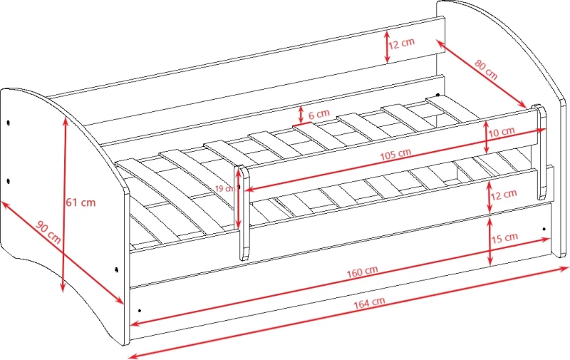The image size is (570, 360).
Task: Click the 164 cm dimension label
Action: tap(369, 302)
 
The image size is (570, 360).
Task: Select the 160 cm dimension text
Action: tap(362, 272)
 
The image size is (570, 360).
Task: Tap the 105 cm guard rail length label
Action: tap(395, 155)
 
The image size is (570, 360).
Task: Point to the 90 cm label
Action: tap(48, 232)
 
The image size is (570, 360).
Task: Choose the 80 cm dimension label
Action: tap(486, 69)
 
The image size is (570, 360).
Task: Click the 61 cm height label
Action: tap(81, 202)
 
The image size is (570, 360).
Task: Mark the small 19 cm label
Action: tap(224, 188)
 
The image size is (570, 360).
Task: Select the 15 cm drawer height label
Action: tap(505, 238)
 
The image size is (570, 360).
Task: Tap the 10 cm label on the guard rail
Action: tap(502, 132)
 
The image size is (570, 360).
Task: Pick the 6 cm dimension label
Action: tap(319, 114)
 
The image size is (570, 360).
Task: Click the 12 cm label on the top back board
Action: tap(402, 43)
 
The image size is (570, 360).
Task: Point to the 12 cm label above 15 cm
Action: tap(504, 195)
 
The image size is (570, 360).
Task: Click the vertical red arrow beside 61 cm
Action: tap(64, 205)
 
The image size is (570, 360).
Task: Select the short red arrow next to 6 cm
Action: tap(301, 115)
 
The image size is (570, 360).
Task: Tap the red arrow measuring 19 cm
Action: tap(238, 198)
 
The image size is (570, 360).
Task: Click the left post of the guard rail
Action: tap(244, 212)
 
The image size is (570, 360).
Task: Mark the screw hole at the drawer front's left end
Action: tap(139, 311)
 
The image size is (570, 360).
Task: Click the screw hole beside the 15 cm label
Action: tap(544, 229)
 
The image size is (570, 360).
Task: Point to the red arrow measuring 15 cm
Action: tap(490, 241)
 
